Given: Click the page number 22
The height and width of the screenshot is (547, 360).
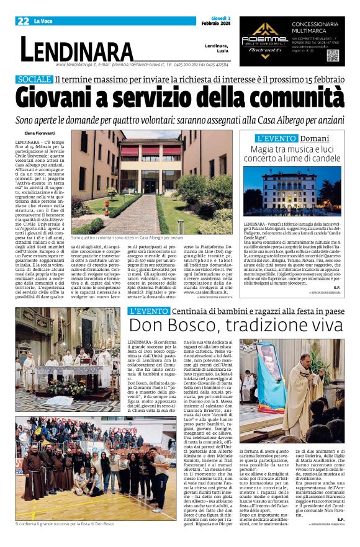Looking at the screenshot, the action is (x=23, y=20).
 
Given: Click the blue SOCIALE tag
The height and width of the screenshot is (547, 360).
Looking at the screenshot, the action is (x=34, y=79).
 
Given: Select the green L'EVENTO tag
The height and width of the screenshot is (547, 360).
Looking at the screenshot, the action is (x=148, y=310).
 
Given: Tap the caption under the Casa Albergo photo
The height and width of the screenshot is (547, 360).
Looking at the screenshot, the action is (x=127, y=238).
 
